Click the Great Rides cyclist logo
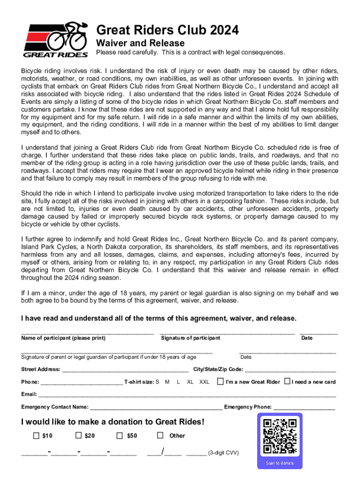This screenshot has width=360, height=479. click(x=56, y=39)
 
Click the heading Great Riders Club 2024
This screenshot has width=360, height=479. click(x=167, y=30)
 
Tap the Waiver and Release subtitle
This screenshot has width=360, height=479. click(x=140, y=43)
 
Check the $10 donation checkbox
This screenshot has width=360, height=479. click(x=36, y=435)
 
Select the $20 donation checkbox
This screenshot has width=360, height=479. click(x=79, y=435)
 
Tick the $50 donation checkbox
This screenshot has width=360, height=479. click(x=121, y=435)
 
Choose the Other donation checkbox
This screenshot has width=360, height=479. click(x=160, y=435)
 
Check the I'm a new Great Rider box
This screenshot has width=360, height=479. click(x=220, y=381)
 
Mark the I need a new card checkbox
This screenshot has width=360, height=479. click(x=287, y=381)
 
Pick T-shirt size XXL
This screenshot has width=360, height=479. click(x=204, y=382)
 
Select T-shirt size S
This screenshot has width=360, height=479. click(x=158, y=382)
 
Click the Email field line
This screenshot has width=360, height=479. click(x=187, y=395)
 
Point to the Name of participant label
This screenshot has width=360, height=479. click(x=63, y=338)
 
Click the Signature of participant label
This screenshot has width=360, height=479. click(x=190, y=338)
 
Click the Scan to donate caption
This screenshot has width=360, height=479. click(x=280, y=463)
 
